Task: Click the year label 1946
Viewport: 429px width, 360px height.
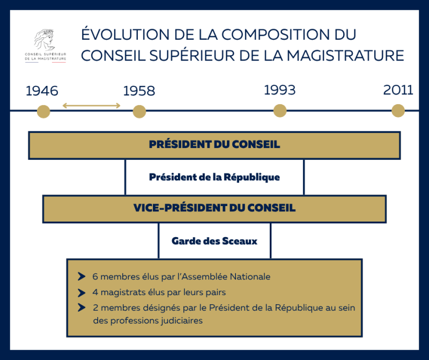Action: pyautogui.click(x=42, y=91)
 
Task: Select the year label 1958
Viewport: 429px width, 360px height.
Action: pyautogui.click(x=139, y=91)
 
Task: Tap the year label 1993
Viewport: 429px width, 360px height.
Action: pyautogui.click(x=279, y=90)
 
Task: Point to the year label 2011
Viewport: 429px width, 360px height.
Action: pyautogui.click(x=398, y=90)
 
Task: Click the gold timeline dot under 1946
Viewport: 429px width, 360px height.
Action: pyautogui.click(x=43, y=112)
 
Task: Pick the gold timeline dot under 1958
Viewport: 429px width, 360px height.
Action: pyautogui.click(x=139, y=112)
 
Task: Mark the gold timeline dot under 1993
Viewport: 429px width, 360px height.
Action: pyautogui.click(x=280, y=111)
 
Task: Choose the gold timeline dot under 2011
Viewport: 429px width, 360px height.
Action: pyautogui.click(x=398, y=111)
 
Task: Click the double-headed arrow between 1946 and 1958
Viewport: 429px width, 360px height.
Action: pyautogui.click(x=91, y=106)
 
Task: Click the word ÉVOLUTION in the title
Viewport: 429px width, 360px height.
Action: pyautogui.click(x=119, y=34)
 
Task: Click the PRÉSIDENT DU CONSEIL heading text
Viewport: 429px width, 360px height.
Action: pyautogui.click(x=214, y=145)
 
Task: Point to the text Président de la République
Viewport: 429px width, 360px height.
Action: pyautogui.click(x=214, y=177)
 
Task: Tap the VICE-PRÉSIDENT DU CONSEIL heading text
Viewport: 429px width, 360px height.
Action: pyautogui.click(x=214, y=208)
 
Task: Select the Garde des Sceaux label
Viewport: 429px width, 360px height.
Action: pyautogui.click(x=214, y=241)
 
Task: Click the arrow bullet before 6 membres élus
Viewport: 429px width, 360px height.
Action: pyautogui.click(x=82, y=277)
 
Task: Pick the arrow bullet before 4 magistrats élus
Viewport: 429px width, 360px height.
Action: pyautogui.click(x=82, y=293)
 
